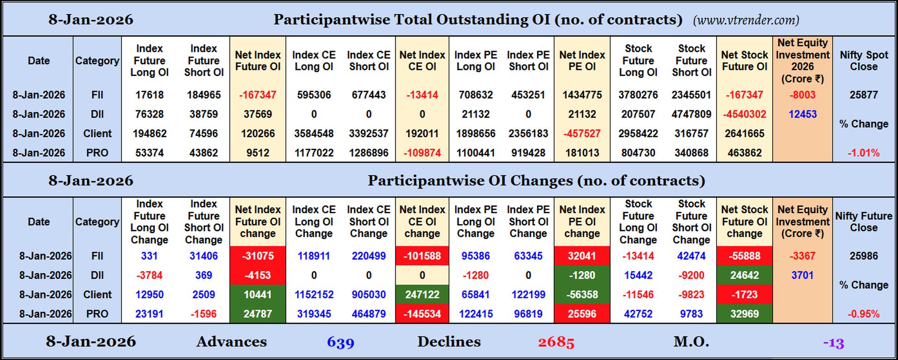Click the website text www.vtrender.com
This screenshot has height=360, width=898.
click(x=746, y=20)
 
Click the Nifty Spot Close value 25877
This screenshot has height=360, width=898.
click(x=863, y=95)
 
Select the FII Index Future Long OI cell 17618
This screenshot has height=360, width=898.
click(x=149, y=95)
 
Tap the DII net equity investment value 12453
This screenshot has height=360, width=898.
click(x=802, y=114)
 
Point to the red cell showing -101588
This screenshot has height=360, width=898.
click(x=422, y=256)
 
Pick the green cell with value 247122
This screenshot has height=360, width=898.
click(x=422, y=295)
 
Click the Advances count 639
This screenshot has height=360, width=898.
click(x=340, y=342)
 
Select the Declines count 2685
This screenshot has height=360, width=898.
click(x=556, y=342)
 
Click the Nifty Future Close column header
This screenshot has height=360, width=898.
click(x=863, y=222)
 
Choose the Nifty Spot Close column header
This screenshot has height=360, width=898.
click(x=863, y=61)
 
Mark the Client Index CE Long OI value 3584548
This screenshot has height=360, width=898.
click(x=314, y=134)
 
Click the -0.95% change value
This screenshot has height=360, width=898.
click(x=863, y=314)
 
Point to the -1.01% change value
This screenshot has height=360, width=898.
click(x=863, y=153)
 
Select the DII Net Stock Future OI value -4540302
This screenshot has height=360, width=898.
click(x=744, y=114)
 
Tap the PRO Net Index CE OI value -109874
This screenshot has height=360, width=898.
click(x=422, y=153)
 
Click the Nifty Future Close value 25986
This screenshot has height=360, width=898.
click(x=863, y=256)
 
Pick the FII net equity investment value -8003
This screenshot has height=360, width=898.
click(x=802, y=95)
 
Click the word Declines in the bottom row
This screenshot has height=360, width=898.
click(x=449, y=342)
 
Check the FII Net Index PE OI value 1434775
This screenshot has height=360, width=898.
click(x=582, y=95)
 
